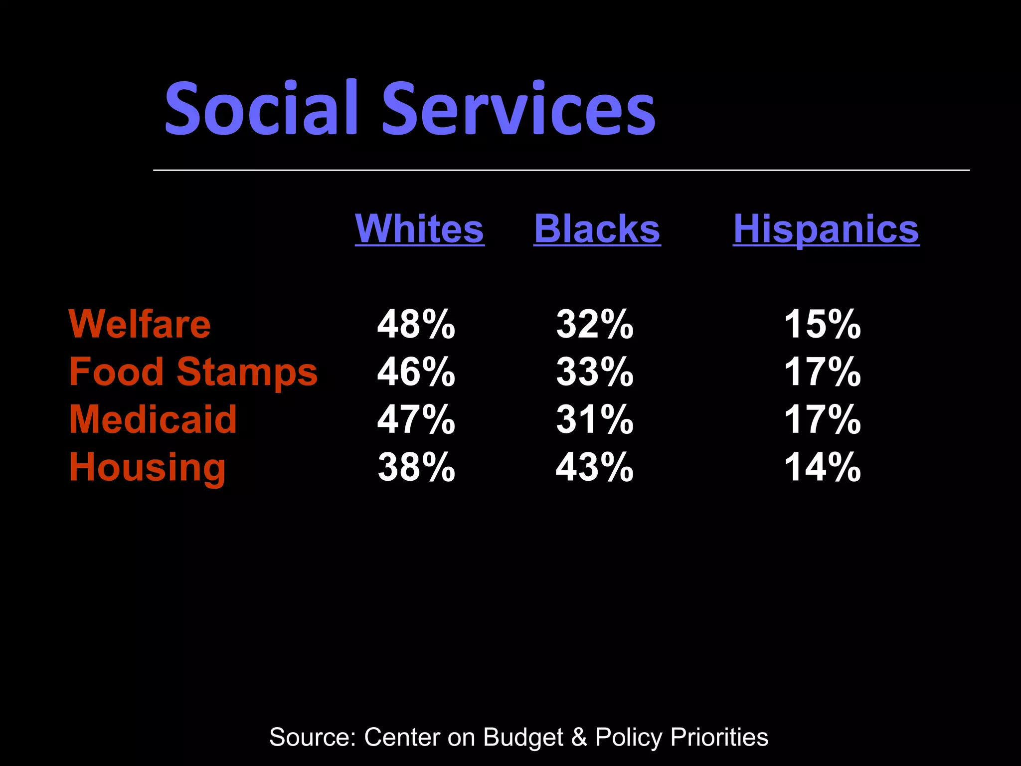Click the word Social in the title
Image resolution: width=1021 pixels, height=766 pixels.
click(261, 108)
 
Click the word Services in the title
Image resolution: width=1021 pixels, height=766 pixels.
click(518, 108)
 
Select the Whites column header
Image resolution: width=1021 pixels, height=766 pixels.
click(419, 229)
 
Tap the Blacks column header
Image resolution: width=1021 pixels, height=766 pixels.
click(597, 229)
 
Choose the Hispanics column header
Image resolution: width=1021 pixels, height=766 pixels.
click(826, 229)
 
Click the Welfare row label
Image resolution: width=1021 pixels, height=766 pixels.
click(140, 324)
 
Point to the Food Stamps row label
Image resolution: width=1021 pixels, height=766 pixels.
click(193, 372)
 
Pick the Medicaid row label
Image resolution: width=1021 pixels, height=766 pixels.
click(153, 419)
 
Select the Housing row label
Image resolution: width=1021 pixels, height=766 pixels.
click(148, 467)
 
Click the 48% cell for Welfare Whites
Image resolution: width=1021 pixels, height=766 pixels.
click(416, 324)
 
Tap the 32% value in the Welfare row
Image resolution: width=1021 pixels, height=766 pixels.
click(595, 324)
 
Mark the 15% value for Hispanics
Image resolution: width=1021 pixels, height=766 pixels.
click(823, 324)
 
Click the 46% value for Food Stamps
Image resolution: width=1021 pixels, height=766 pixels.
click(416, 372)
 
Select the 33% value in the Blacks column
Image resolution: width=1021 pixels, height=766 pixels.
click(595, 372)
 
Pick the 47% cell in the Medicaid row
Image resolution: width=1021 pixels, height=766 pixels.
click(416, 419)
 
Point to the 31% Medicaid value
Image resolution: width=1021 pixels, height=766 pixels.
click(595, 419)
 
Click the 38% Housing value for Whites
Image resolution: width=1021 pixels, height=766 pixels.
click(416, 467)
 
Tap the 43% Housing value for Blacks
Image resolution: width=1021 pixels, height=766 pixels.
click(595, 467)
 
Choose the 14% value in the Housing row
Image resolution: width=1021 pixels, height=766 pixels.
click(823, 467)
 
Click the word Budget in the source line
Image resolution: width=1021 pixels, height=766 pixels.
click(523, 737)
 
